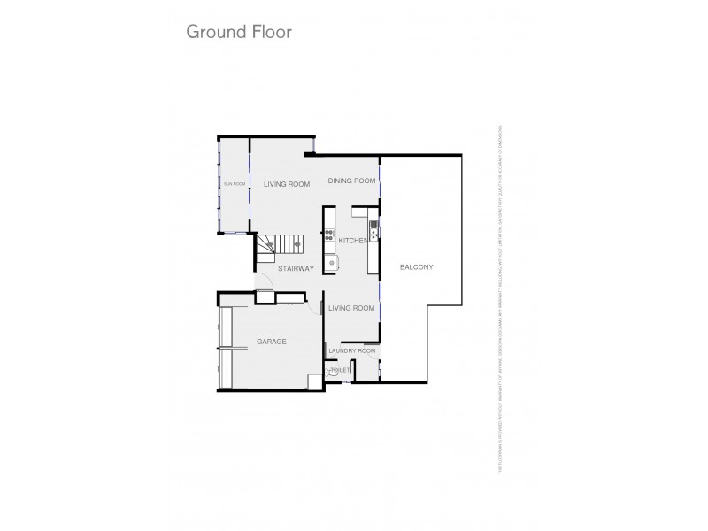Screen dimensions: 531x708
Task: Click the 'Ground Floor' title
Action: pos(238,32)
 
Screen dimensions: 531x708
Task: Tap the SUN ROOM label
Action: pos(233,184)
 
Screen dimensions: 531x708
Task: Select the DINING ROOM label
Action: pos(351,181)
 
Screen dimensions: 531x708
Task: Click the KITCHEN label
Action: pos(352,240)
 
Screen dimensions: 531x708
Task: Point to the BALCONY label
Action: pos(416,267)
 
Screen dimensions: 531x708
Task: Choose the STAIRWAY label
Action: pos(296,268)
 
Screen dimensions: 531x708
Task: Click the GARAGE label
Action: pos(271,341)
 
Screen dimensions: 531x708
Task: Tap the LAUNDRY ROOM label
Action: pos(351,351)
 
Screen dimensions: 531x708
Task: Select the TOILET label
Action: pos(342,371)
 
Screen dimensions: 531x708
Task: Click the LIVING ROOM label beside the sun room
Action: pos(287,184)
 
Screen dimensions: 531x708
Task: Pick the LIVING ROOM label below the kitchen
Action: pos(351,308)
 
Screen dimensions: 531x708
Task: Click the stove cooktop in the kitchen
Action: pos(329,236)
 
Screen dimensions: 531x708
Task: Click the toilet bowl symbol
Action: pos(331,373)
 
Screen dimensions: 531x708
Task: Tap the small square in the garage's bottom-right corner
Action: pos(313,381)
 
